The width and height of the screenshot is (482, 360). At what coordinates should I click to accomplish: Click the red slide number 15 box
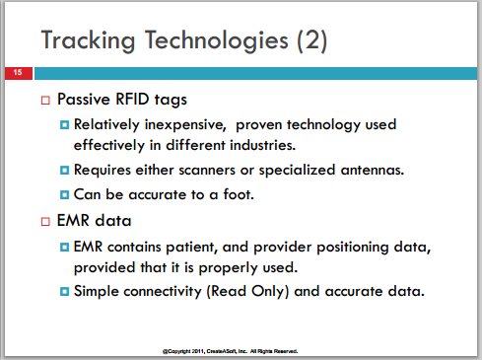(x=19, y=73)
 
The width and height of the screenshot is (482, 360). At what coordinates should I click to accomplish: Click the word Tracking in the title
(x=88, y=40)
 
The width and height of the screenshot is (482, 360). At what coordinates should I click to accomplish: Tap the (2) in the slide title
(x=311, y=40)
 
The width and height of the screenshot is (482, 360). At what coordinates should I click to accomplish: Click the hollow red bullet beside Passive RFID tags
(x=45, y=100)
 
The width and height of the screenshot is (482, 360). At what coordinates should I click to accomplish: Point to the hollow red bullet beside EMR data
(x=45, y=221)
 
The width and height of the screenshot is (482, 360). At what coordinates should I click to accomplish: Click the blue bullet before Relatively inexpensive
(x=65, y=125)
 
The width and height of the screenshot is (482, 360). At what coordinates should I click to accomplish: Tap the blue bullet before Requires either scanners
(x=65, y=170)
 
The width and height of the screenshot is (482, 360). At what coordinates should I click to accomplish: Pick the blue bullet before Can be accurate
(x=65, y=194)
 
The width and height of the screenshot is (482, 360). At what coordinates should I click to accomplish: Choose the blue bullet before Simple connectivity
(x=65, y=291)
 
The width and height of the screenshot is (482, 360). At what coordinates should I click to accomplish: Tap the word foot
(x=239, y=194)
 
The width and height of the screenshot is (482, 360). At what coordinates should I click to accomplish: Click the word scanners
(x=207, y=170)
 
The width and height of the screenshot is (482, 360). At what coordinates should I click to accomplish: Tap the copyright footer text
(x=231, y=351)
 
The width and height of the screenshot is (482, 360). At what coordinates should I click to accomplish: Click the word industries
(x=262, y=145)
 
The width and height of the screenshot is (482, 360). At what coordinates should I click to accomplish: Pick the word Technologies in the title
(x=217, y=41)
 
